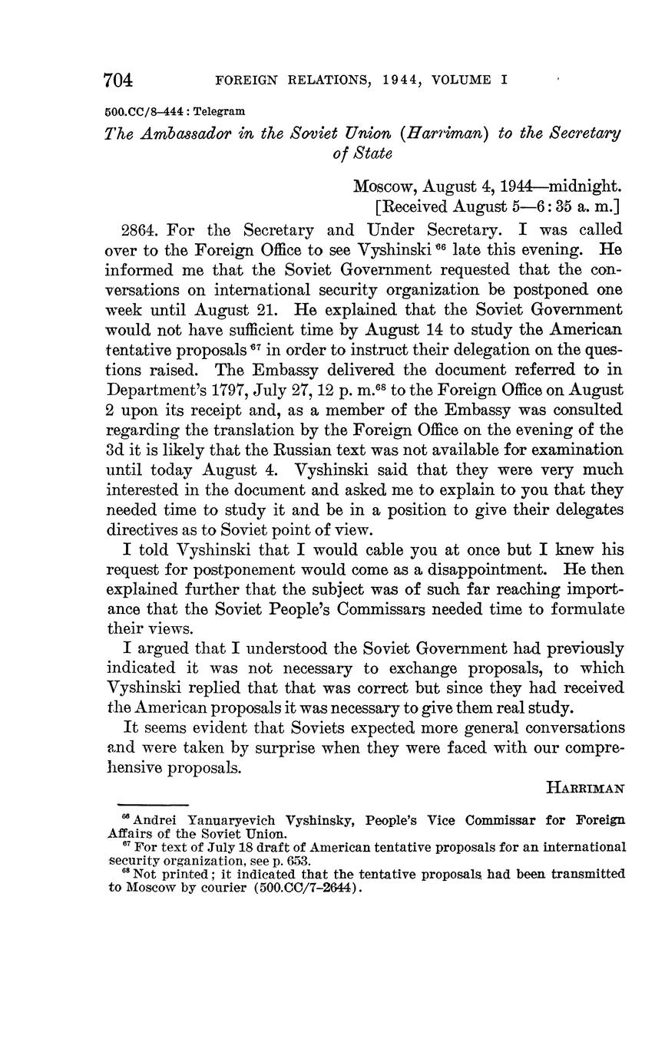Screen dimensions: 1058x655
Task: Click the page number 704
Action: [119, 80]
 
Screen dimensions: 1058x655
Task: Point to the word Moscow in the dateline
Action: [385, 186]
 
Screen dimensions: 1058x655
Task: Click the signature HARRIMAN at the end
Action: [586, 788]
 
